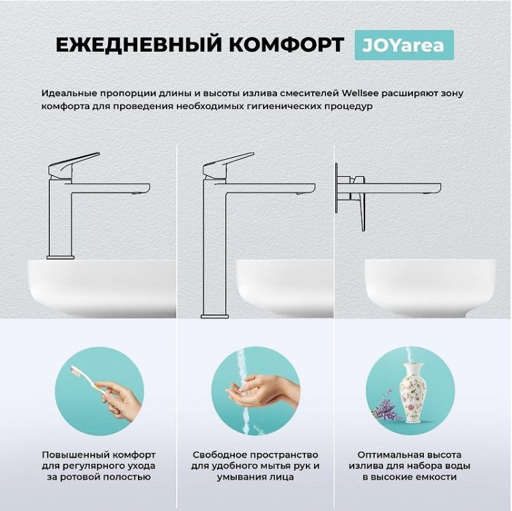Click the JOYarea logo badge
(x=404, y=45)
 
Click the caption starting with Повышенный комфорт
(x=98, y=465)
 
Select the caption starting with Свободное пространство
(x=255, y=465)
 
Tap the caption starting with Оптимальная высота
(x=414, y=465)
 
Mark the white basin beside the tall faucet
(x=287, y=287)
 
